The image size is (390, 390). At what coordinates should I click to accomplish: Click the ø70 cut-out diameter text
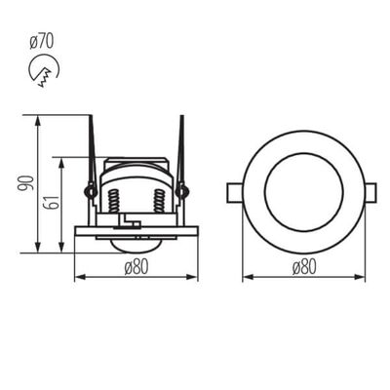[41, 41]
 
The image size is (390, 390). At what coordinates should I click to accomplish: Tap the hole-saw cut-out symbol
[43, 71]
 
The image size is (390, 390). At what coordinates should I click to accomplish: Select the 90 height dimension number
[30, 183]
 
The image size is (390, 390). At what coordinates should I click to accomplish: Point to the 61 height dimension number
[55, 202]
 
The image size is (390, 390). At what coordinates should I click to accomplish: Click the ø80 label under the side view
[136, 269]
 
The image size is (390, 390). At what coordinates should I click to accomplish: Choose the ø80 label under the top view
[303, 269]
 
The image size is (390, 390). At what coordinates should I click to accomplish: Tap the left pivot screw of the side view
[91, 191]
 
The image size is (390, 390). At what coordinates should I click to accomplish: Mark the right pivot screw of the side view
[182, 191]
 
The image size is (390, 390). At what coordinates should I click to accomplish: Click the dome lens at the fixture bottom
[136, 241]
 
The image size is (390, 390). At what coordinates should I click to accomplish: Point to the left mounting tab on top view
[235, 192]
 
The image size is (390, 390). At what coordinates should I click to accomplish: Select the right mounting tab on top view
[372, 192]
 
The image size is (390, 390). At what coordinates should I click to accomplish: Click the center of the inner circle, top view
[303, 192]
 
